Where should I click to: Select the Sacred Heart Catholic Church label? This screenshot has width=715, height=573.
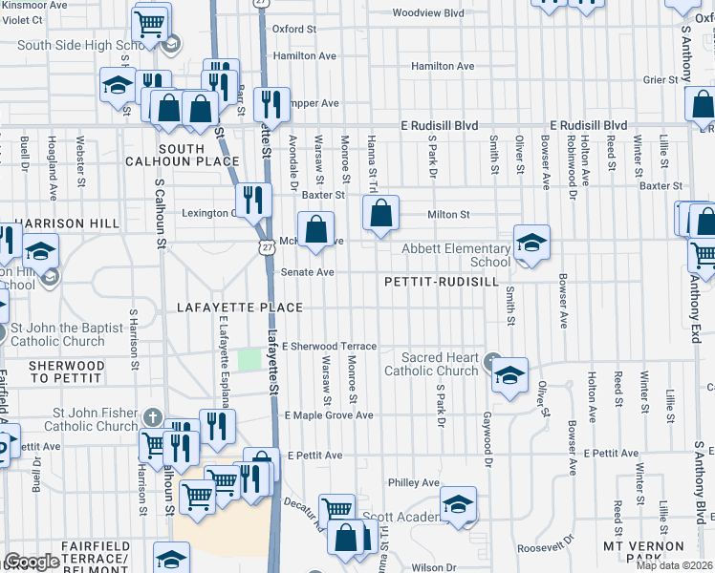[430, 364]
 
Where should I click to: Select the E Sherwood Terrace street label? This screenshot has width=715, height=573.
[329, 346]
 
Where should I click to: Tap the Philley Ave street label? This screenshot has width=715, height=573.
[413, 483]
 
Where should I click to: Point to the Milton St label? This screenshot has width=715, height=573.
[448, 215]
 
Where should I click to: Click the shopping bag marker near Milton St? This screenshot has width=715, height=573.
[380, 216]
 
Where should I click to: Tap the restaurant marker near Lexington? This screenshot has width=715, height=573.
[253, 200]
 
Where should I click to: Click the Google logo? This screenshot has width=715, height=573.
[32, 562]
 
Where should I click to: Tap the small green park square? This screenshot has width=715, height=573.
[249, 359]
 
